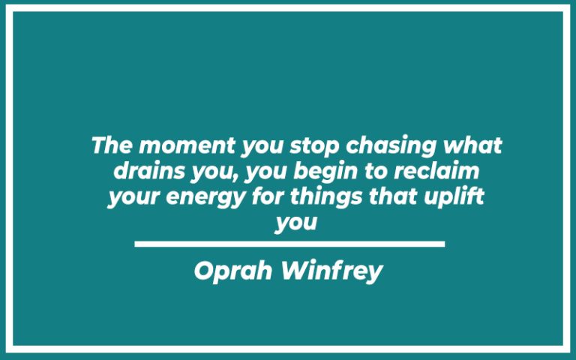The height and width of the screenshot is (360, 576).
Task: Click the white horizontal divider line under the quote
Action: point(289,244)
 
